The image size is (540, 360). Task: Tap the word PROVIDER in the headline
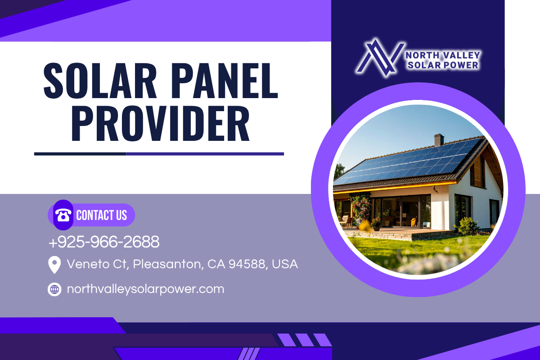tap(161, 123)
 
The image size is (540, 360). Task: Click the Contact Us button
tap(91, 215)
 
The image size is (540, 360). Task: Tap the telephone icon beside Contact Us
tap(63, 215)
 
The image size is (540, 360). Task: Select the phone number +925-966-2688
tap(104, 242)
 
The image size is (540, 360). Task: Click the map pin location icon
tap(54, 265)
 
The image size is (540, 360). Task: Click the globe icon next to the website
tap(54, 289)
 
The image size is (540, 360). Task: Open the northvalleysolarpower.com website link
tap(146, 289)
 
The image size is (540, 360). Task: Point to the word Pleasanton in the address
tap(167, 264)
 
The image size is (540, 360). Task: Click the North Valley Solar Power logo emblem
tap(380, 57)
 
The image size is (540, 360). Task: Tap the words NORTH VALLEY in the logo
tap(443, 55)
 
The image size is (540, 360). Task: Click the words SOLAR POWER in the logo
tap(443, 65)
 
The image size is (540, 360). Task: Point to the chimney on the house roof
tap(439, 140)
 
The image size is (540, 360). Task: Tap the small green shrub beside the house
tap(467, 226)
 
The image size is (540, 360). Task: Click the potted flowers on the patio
tap(376, 224)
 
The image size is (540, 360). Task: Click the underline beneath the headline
tap(159, 154)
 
